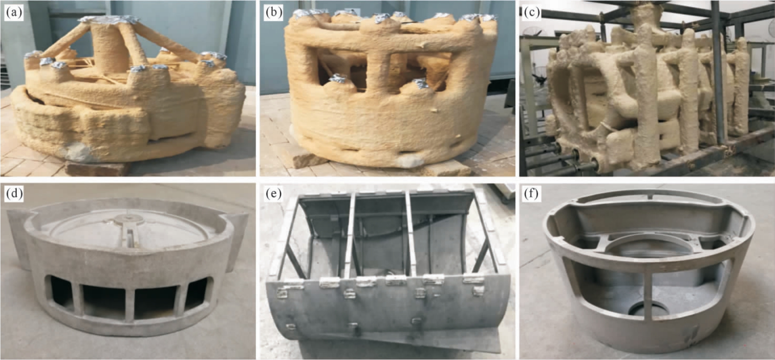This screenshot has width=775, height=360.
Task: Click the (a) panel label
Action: [x=14, y=13]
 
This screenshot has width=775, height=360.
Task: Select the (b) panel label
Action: [x=274, y=13]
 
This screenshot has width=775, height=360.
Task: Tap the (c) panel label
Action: [x=532, y=13]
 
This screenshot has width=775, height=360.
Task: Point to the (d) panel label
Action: [x=14, y=194]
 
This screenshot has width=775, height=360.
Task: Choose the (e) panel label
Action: [x=273, y=194]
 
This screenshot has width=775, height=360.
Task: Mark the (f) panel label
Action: [x=531, y=194]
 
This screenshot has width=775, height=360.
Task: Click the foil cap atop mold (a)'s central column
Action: [x=109, y=19]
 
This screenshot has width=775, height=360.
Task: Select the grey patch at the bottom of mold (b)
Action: [x=409, y=161]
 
